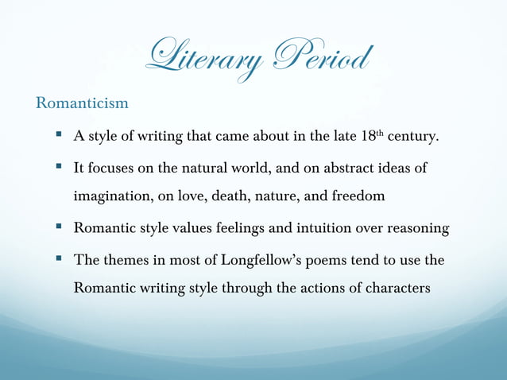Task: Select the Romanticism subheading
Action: (x=82, y=103)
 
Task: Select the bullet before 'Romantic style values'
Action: (x=60, y=228)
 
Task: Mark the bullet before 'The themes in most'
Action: (x=60, y=259)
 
